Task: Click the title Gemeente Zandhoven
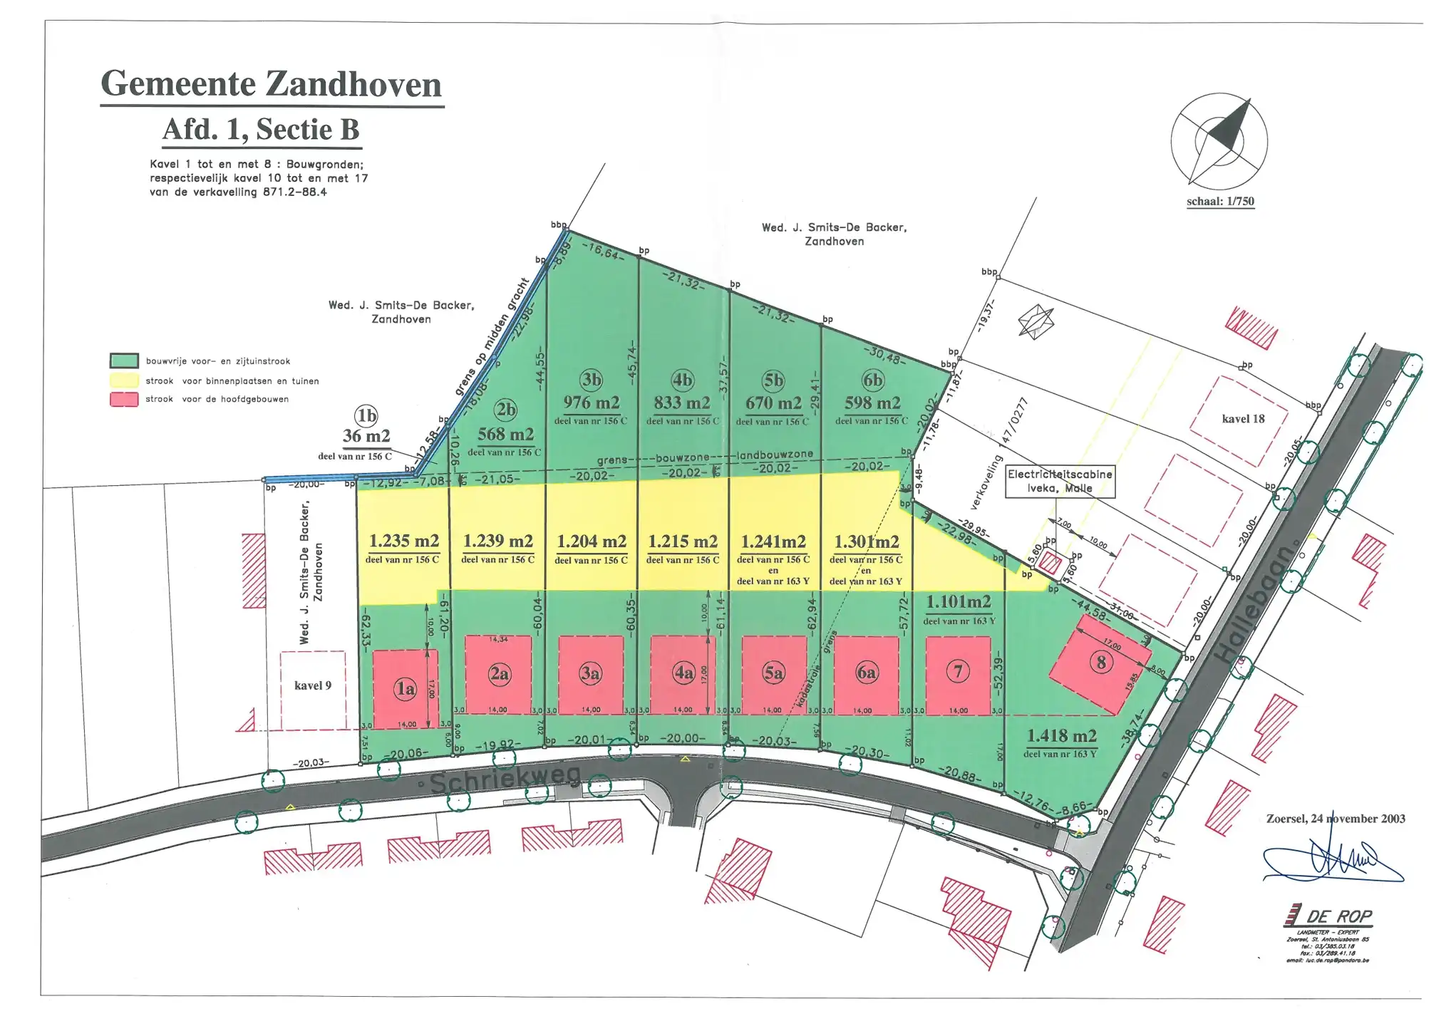pos(271,84)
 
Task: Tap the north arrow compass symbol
pos(1219,141)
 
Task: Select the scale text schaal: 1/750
pos(1220,202)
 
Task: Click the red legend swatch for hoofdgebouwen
pos(124,399)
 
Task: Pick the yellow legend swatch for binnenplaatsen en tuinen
pos(124,380)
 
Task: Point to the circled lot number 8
pos(1101,663)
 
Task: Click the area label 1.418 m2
pos(1061,736)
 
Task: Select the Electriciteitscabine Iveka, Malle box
pos(1060,481)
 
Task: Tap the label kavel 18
pos(1243,419)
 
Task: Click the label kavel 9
pos(313,685)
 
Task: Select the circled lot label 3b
pos(591,379)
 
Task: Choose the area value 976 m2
pos(591,403)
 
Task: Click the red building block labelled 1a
pos(405,688)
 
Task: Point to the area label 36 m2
pos(366,436)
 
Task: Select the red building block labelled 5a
pos(774,674)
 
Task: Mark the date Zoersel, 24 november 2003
pos(1335,819)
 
